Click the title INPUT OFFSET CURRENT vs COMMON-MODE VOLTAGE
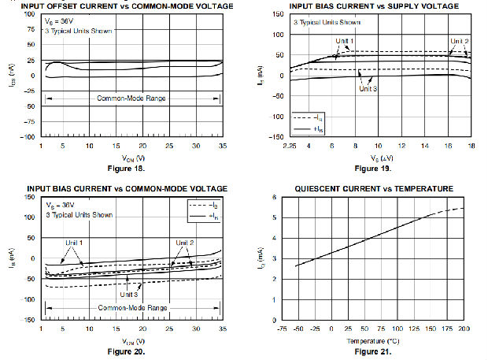(x=117, y=6)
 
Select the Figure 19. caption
(x=372, y=169)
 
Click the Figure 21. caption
(x=373, y=351)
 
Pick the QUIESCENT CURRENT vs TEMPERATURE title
(x=374, y=189)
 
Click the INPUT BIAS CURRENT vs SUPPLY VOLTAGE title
(x=373, y=6)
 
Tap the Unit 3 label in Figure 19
(x=368, y=89)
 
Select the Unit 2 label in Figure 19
(x=460, y=41)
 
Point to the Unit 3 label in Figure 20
(x=130, y=294)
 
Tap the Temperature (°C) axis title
(x=373, y=340)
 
